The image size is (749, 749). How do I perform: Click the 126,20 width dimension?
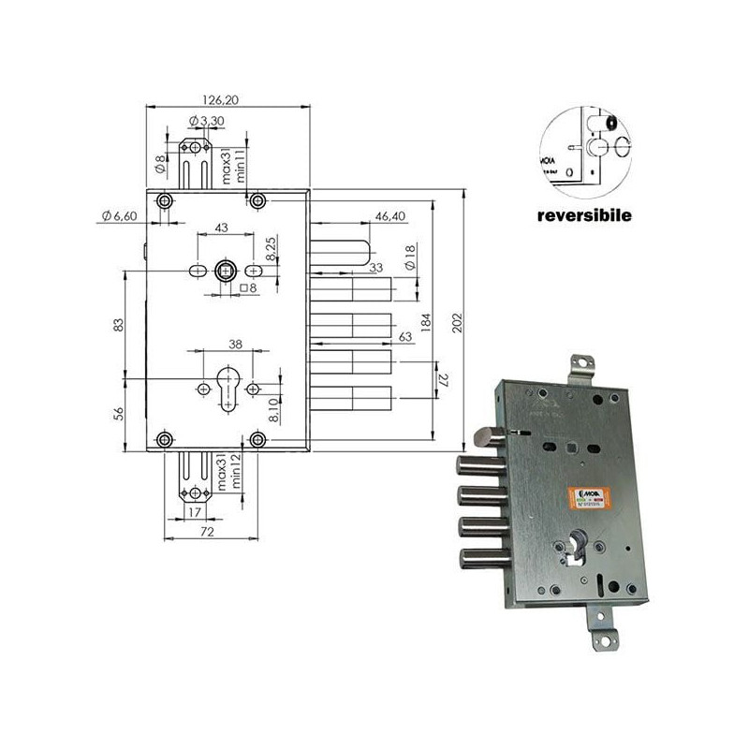(x=228, y=97)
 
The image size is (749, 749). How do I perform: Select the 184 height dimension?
(x=426, y=324)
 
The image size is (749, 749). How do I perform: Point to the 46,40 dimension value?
(x=390, y=216)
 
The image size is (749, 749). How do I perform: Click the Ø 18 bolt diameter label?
(x=409, y=257)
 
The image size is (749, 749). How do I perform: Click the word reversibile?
(x=584, y=214)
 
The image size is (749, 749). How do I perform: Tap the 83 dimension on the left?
(x=118, y=324)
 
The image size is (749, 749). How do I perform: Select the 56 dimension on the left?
(x=118, y=413)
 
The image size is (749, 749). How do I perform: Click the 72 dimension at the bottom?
(x=208, y=532)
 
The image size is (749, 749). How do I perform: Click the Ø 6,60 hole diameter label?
(x=118, y=217)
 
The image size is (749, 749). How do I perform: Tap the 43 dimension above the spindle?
(x=222, y=228)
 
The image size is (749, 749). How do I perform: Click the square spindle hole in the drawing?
(x=226, y=272)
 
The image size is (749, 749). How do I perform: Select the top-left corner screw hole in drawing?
(x=166, y=201)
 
